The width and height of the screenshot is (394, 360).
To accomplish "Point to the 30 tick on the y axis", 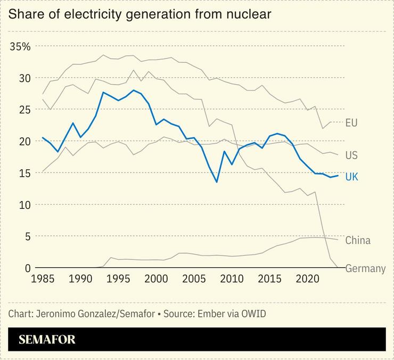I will click(18, 78).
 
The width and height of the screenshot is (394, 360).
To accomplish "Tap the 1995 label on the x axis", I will click(118, 279).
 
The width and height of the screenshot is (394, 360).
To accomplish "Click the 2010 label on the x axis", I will click(232, 279).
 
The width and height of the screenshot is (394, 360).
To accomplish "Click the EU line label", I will click(351, 123).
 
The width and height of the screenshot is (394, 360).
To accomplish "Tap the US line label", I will click(351, 156).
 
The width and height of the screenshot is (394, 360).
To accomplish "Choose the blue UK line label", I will click(351, 177).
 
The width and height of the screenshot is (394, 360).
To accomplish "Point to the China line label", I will click(358, 241).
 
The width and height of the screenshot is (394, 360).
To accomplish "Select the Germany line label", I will click(365, 268).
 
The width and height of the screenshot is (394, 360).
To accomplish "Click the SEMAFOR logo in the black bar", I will click(47, 339).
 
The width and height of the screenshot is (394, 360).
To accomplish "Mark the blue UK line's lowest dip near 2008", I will click(217, 182).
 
